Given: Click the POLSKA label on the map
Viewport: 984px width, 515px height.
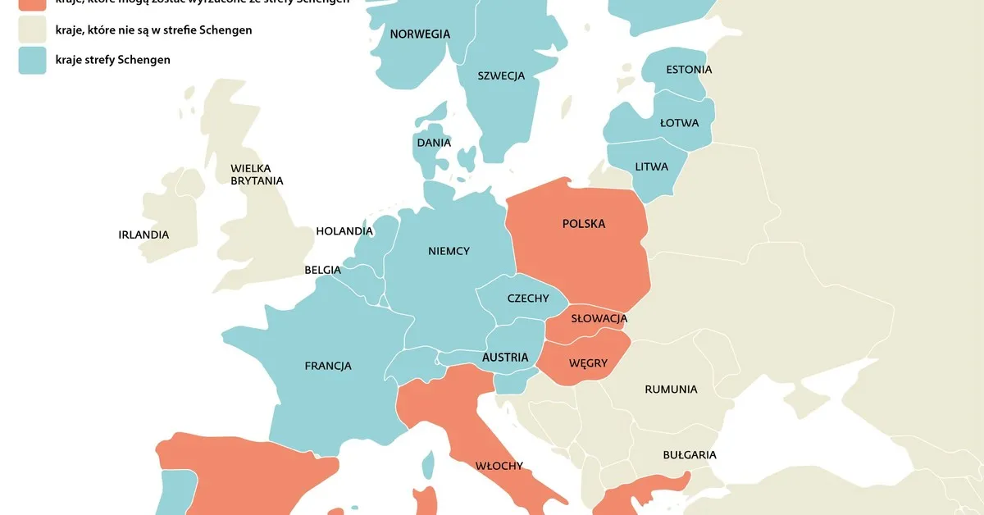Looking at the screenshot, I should click(x=584, y=224).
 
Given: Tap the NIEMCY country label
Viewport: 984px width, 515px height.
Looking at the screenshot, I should click(x=449, y=251).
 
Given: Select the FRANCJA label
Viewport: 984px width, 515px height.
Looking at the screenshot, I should click(x=328, y=366).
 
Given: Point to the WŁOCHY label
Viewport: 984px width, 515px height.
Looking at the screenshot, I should click(x=499, y=466).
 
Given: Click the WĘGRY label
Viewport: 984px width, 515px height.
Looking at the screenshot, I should click(x=588, y=362).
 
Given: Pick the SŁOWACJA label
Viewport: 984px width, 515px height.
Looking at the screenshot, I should click(x=599, y=318).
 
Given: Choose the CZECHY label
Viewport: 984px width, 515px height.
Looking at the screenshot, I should click(x=528, y=299).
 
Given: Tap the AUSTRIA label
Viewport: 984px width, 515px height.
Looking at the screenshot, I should click(x=505, y=358).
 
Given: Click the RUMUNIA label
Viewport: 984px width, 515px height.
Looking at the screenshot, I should click(x=671, y=390).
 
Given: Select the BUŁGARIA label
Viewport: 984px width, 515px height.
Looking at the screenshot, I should click(x=690, y=454).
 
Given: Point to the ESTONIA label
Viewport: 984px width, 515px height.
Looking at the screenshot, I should click(x=689, y=70).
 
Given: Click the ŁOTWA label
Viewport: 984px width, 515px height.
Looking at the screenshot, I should click(x=679, y=123).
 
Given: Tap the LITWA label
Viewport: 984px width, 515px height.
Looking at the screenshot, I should click(x=652, y=166).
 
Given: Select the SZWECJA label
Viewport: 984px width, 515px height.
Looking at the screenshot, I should click(x=501, y=76).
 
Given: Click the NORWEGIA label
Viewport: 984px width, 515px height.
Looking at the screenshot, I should click(x=420, y=34).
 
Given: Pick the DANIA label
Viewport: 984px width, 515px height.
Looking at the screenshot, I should click(x=434, y=143).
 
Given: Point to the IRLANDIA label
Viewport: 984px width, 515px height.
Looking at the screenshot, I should click(x=143, y=235).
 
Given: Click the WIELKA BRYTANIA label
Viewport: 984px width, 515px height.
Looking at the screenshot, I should click(x=257, y=175).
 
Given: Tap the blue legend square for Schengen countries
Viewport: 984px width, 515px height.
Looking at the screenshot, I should click(x=32, y=60).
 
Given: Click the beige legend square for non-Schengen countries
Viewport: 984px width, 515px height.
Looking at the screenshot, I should click(x=32, y=30).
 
